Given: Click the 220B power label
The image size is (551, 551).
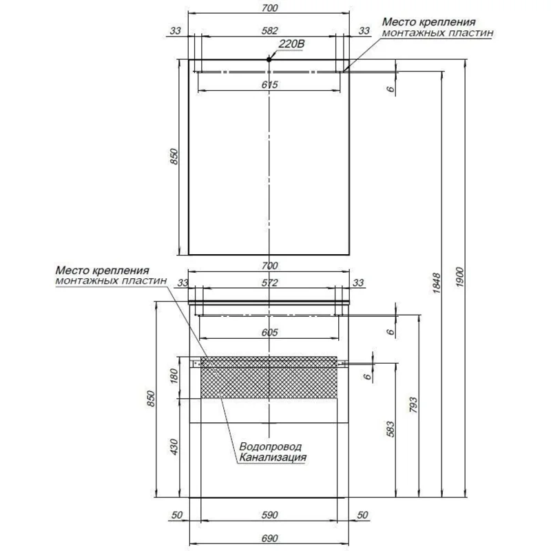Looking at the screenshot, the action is click(x=291, y=44).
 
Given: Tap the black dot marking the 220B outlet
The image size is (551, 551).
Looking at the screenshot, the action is click(x=269, y=59).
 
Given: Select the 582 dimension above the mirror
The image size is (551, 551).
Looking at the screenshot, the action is click(x=269, y=31).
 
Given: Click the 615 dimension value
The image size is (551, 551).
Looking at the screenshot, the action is click(x=269, y=85).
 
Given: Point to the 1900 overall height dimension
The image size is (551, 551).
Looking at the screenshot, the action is click(x=460, y=278).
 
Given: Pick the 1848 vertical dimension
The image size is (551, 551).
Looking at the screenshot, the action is click(x=436, y=283).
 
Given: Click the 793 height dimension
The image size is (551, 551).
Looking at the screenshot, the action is click(x=414, y=405).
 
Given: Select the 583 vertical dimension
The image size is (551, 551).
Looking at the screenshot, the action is click(x=391, y=429).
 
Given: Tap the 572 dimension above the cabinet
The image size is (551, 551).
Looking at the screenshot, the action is click(x=269, y=283).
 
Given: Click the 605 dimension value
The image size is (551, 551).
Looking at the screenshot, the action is click(x=269, y=333).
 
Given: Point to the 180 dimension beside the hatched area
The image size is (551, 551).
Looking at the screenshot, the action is click(x=174, y=376).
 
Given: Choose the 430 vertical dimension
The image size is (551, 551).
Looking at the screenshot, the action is click(x=174, y=446).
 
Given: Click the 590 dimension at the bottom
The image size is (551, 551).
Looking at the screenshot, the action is click(x=269, y=515).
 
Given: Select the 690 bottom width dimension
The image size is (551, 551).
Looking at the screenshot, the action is click(x=269, y=539).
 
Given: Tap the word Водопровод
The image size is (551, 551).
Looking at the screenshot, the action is click(x=270, y=446).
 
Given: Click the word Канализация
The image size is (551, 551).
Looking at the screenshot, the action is click(x=273, y=457).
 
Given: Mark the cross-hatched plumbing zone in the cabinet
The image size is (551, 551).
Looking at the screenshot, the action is click(x=269, y=377).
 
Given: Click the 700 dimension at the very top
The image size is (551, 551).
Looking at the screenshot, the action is click(x=269, y=8).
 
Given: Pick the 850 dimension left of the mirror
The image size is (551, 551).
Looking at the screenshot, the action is click(x=174, y=156).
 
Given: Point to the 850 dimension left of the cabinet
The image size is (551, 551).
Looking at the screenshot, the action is click(x=151, y=399).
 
